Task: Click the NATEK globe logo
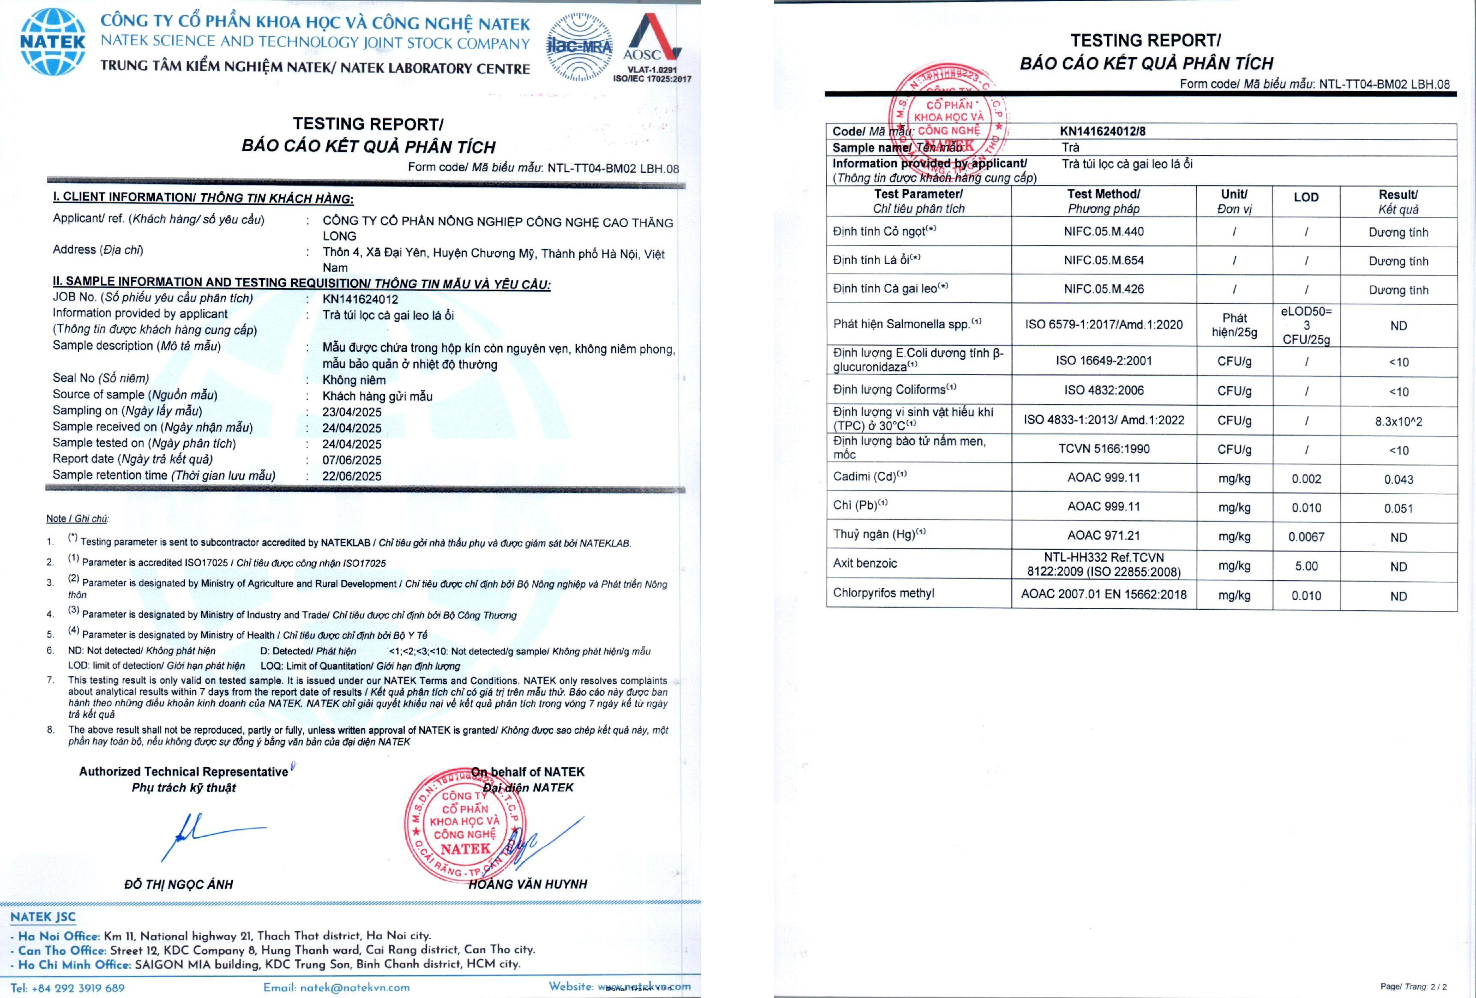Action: pos(53,42)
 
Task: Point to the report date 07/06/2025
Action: pos(352,460)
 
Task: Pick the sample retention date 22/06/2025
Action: pos(352,476)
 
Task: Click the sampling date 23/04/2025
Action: pos(352,412)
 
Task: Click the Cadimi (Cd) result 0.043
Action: pos(1399,480)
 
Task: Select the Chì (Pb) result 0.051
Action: pos(1399,508)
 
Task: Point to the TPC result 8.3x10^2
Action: pos(1399,421)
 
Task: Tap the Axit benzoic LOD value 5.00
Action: pos(1306,566)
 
